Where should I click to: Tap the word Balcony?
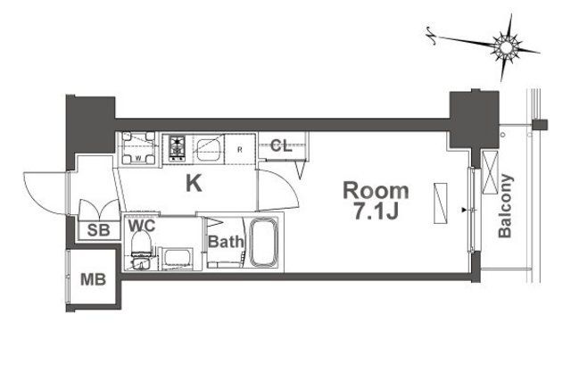click(x=505, y=204)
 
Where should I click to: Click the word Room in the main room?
click(x=377, y=190)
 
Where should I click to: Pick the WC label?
click(x=142, y=226)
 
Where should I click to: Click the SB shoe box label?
click(x=95, y=230)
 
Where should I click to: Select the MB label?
click(x=94, y=279)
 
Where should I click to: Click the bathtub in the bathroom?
click(x=264, y=241)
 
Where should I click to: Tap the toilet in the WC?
click(x=140, y=255)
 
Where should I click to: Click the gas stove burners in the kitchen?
click(x=174, y=146)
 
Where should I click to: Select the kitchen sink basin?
click(x=210, y=149)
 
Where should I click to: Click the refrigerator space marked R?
click(x=241, y=148)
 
